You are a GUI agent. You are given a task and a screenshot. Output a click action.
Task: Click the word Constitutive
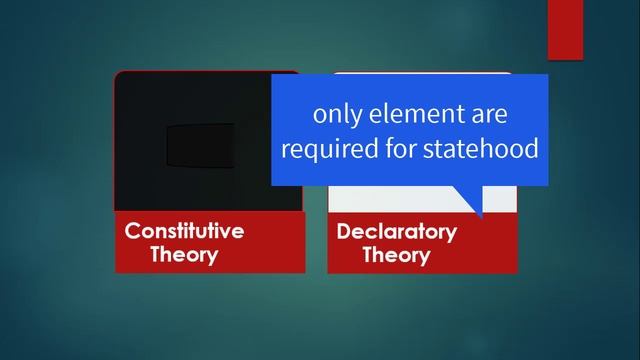click(184, 231)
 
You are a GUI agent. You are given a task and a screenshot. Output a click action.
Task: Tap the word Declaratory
click(396, 232)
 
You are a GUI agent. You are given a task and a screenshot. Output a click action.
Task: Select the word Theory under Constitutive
click(184, 254)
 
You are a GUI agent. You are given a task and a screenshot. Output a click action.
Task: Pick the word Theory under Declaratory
click(396, 255)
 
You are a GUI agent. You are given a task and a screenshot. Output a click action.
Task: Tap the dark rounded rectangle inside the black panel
click(200, 146)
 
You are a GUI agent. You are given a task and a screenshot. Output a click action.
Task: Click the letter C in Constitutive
click(132, 231)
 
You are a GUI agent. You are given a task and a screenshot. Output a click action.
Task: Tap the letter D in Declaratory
click(344, 232)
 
